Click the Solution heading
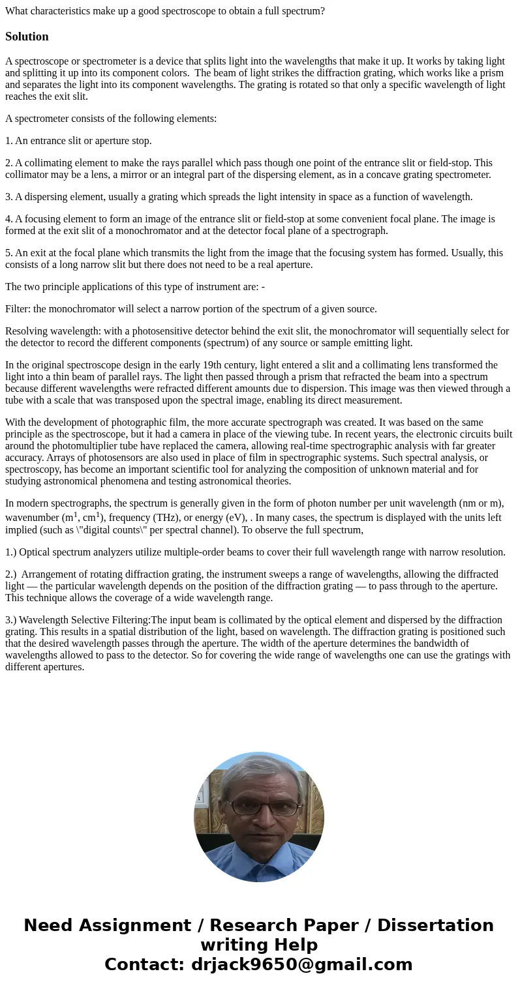pos(27,37)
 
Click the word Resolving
pos(27,331)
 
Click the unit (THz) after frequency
pos(161,517)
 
